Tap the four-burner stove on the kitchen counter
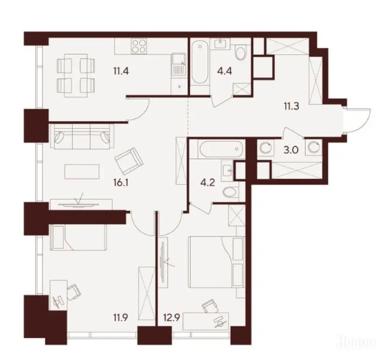point(139,46)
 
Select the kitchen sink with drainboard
point(178,65)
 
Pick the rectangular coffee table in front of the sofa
point(83,171)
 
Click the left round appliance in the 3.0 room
point(266,148)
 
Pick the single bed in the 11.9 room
point(78,237)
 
